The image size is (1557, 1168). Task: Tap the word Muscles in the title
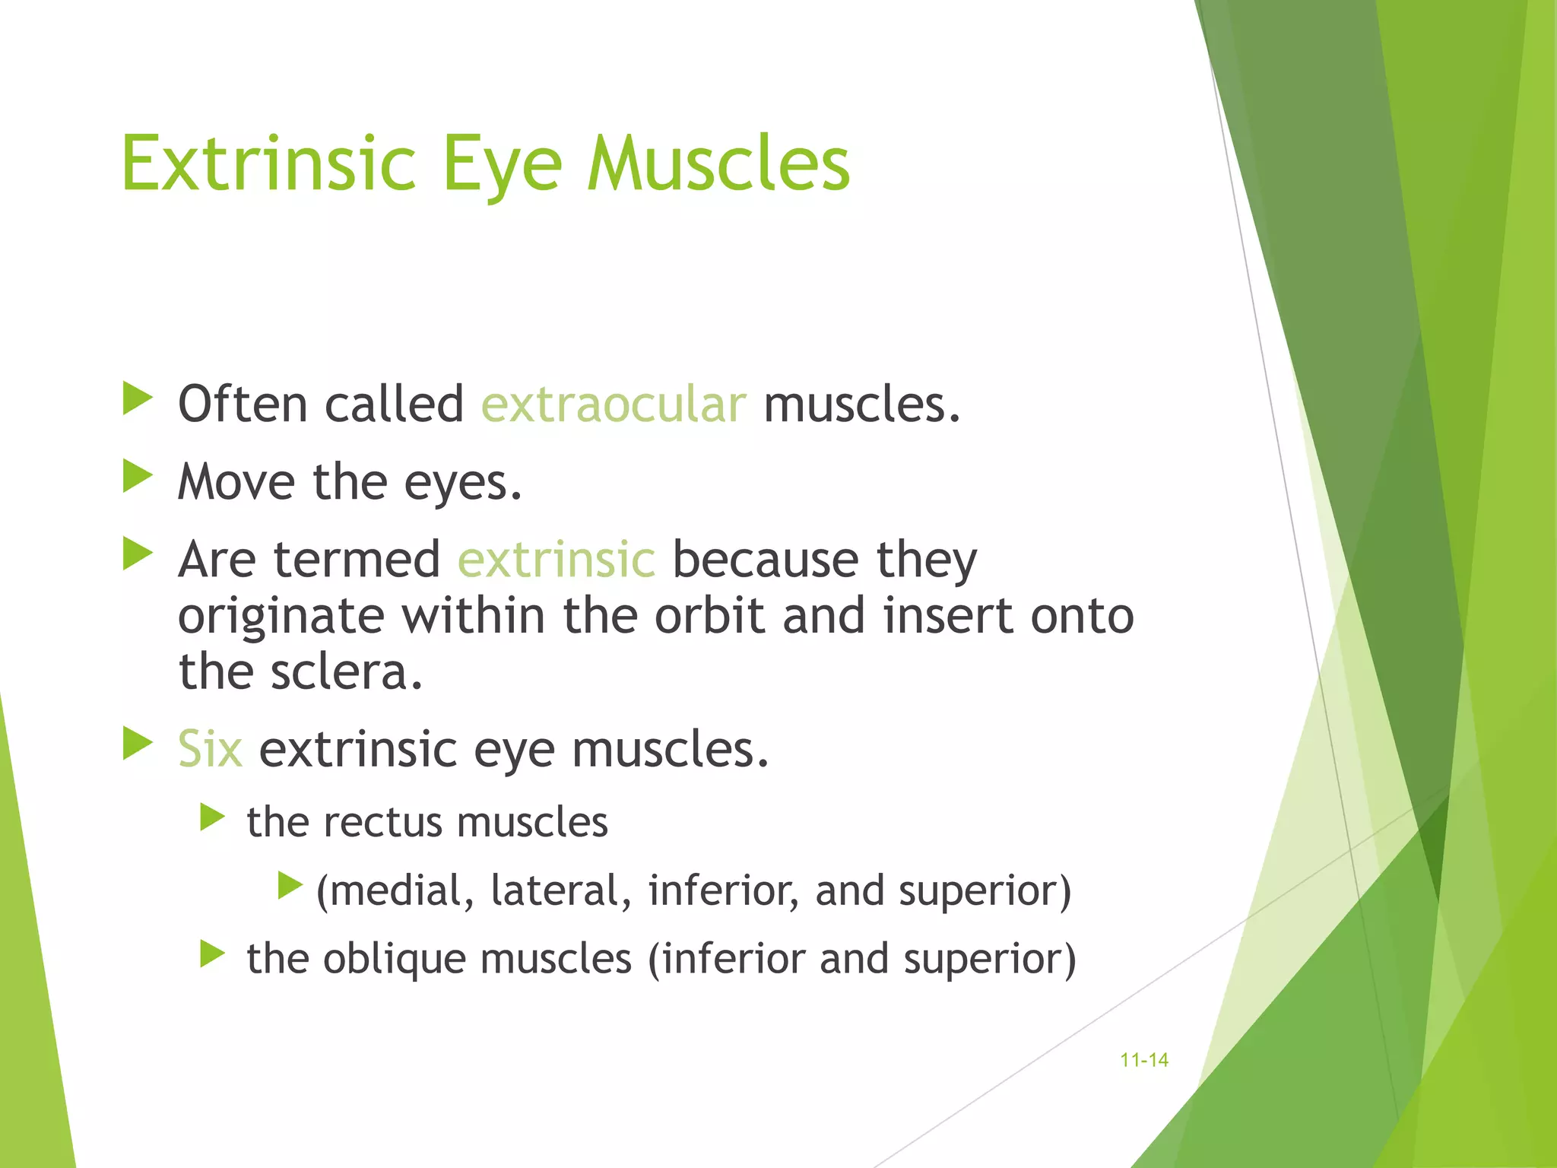pos(718,163)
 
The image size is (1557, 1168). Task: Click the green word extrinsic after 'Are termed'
pos(556,559)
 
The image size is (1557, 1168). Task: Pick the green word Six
pos(210,749)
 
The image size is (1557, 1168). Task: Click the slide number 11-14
pos(1144,1060)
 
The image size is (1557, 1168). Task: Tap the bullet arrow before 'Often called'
pos(138,399)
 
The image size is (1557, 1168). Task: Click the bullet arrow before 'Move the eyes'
pos(138,477)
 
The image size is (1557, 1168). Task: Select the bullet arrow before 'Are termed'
pos(138,554)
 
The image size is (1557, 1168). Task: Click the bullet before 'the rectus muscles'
pos(212,818)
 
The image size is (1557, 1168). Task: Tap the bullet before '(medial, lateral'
pos(290,885)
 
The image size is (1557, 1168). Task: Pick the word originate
pos(281,617)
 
